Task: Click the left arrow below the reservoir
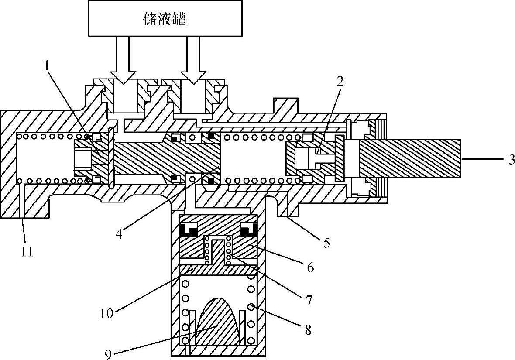pyautogui.click(x=123, y=61)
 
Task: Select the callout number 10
pyautogui.click(x=107, y=312)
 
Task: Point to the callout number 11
pyautogui.click(x=27, y=252)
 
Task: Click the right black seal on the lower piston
pyautogui.click(x=247, y=229)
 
